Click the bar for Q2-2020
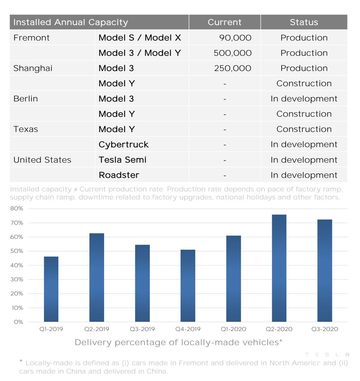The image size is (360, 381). coord(279,268)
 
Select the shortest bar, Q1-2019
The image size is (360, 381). coord(51,289)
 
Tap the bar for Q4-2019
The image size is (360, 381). coord(188,286)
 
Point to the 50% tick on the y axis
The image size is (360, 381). coord(17,251)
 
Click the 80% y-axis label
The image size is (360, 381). coord(17,208)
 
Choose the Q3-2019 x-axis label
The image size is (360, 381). coord(142,329)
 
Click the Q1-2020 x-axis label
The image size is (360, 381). coord(233,329)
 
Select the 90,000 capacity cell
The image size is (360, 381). coord(235,38)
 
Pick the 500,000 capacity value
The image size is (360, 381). coord(233,53)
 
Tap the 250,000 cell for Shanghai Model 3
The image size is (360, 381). coord(233,68)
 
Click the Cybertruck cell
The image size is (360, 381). coord(123,145)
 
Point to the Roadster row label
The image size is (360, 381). coord(119,175)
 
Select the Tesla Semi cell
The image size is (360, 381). coord(122,160)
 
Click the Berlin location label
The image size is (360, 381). coord(26,99)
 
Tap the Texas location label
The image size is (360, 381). coord(26,129)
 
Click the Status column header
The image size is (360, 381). coord(304,22)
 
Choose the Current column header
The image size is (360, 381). coord(225,22)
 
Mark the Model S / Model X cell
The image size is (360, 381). coord(140,38)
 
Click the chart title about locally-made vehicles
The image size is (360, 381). coord(179,343)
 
